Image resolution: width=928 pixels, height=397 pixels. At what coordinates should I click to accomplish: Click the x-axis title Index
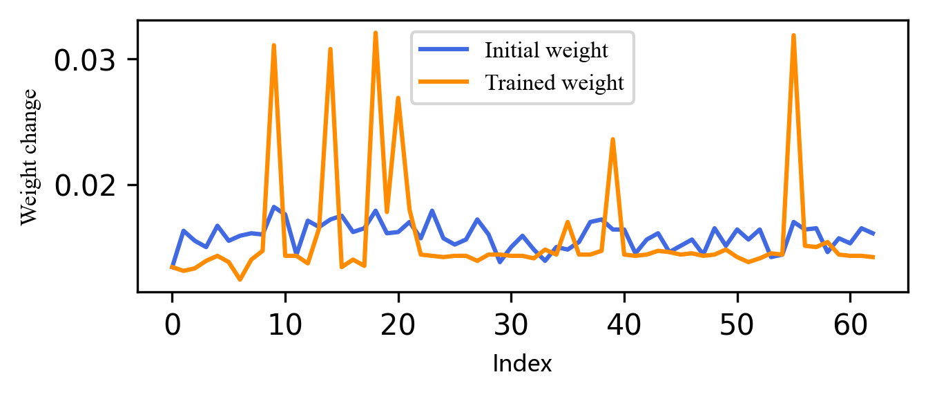[x=522, y=364]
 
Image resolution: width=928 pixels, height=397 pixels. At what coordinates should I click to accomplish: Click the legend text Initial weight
[x=546, y=50]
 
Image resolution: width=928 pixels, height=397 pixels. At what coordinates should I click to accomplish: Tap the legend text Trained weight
[x=554, y=83]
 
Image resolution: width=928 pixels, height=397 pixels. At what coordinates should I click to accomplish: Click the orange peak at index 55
[x=794, y=35]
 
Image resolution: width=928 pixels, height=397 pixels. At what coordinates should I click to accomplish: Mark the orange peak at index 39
[x=612, y=140]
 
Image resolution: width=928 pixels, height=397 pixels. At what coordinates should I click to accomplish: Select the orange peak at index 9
[x=274, y=45]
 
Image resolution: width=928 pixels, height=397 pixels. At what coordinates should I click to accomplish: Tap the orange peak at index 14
[x=331, y=49]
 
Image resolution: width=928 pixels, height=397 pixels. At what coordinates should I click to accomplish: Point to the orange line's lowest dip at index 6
[x=240, y=279]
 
